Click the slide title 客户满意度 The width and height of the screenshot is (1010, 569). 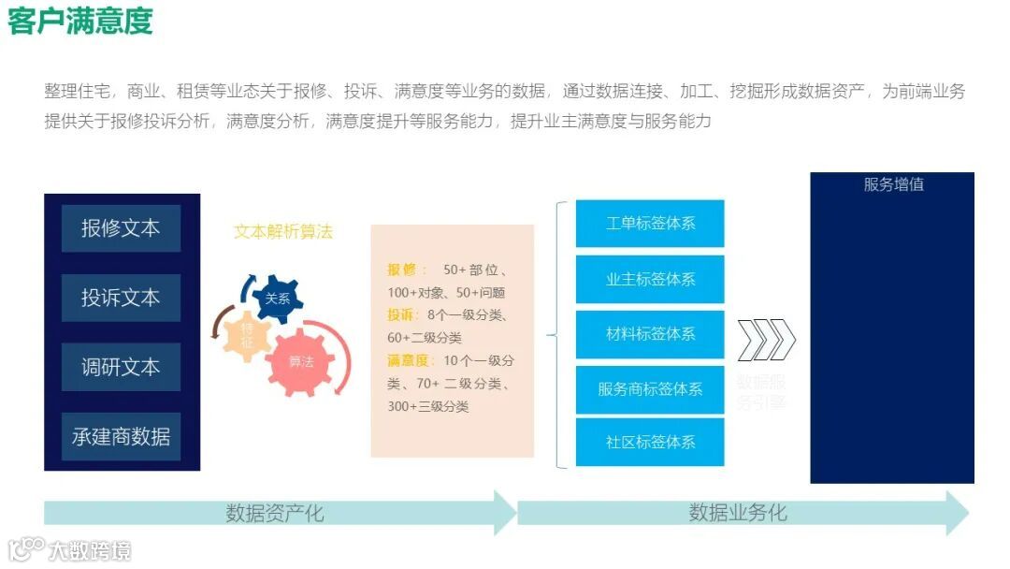(79, 21)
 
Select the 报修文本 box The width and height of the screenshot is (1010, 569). (121, 228)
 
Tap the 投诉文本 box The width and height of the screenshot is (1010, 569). (121, 298)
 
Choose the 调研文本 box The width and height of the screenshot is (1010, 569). (121, 367)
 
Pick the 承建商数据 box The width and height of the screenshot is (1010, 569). (121, 436)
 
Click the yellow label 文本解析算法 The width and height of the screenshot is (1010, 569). (282, 232)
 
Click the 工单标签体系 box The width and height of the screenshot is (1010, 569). (650, 224)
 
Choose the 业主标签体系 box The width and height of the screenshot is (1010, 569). (650, 279)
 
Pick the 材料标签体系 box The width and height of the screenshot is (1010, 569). (650, 333)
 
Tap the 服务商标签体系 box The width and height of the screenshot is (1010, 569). (650, 388)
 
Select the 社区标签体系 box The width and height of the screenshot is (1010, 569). (650, 442)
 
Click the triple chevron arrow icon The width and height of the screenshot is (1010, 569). (766, 340)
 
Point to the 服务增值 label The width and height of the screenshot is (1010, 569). (893, 184)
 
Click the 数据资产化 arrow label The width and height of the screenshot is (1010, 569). (275, 513)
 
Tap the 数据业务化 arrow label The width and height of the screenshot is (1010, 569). (738, 513)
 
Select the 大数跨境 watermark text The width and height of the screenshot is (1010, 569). (90, 550)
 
